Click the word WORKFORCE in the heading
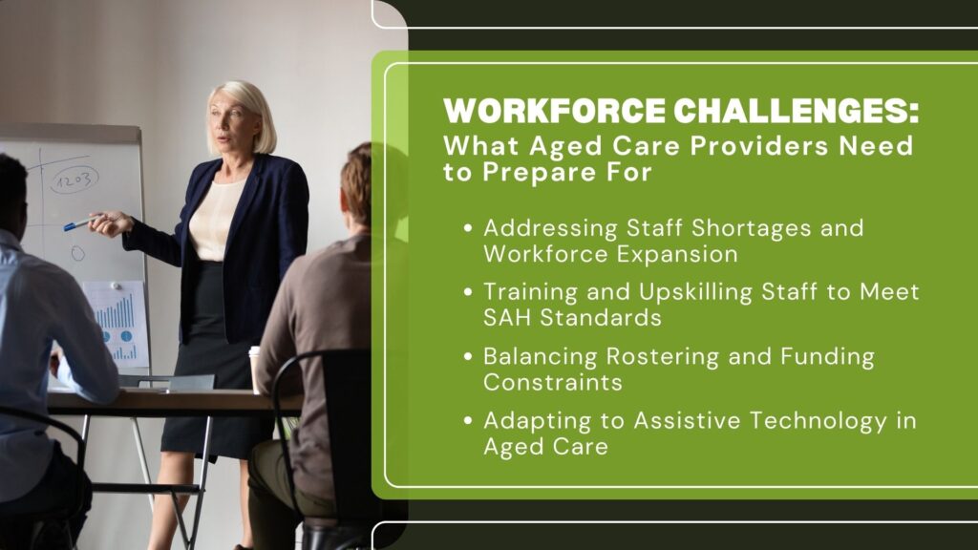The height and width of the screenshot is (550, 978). (x=555, y=111)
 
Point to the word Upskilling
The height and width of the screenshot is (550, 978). (x=695, y=292)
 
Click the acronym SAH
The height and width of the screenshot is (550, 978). (x=508, y=318)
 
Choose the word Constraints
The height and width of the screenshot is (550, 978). (x=553, y=382)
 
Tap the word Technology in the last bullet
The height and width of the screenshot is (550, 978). (x=818, y=421)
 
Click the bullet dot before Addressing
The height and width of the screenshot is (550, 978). (x=468, y=228)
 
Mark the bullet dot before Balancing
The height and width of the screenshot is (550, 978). (x=468, y=357)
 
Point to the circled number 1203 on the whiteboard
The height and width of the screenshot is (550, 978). (x=74, y=180)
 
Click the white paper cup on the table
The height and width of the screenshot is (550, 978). (x=254, y=370)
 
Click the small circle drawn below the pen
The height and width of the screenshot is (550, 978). (x=77, y=252)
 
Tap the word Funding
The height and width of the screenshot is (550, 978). (x=828, y=357)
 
